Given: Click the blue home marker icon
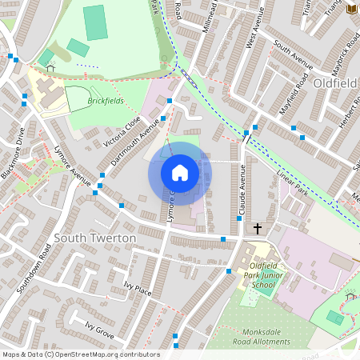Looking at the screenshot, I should (180, 173).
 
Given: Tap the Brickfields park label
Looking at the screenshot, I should (106, 102).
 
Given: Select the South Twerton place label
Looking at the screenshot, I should (96, 238).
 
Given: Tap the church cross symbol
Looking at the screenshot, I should (258, 229).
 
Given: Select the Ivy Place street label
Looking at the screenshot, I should (138, 288).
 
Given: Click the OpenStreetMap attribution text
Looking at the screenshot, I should (80, 354).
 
